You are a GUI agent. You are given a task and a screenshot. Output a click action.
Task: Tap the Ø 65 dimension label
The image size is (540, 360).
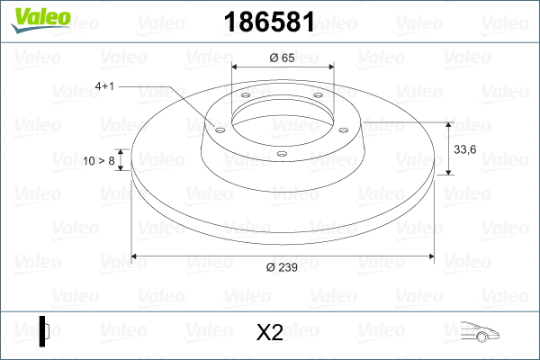(x=283, y=58)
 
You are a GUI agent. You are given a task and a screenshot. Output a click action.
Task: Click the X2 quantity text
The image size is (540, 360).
(x=270, y=333)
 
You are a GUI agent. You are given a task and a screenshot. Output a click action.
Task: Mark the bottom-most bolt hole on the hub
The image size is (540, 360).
(x=281, y=153)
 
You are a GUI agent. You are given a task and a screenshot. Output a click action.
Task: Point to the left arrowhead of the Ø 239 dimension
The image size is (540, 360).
(x=136, y=257)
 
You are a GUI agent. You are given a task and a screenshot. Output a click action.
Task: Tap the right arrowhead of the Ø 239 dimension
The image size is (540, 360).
(x=431, y=257)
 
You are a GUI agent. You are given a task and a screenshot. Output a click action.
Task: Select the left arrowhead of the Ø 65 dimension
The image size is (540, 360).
(x=236, y=67)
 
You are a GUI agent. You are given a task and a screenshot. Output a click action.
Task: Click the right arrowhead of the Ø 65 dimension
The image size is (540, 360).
(x=330, y=67)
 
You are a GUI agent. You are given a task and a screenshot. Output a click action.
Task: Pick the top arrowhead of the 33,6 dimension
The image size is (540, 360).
(x=448, y=125)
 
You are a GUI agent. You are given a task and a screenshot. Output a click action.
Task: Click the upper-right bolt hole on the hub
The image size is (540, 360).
(x=319, y=100)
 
